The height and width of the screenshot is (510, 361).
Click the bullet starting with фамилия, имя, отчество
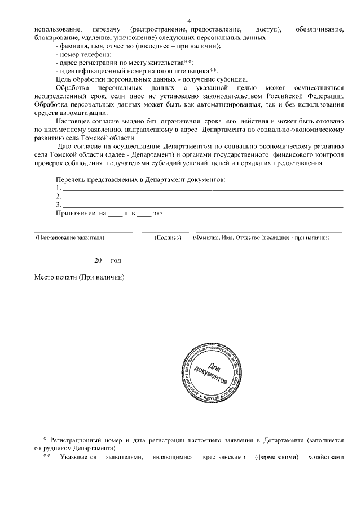[138, 46]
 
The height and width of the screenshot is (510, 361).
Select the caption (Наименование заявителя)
[70, 238]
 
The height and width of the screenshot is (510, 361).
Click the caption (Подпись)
[167, 238]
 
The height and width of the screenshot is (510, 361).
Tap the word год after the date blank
[116, 261]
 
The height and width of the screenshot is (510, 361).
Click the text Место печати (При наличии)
[79, 277]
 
